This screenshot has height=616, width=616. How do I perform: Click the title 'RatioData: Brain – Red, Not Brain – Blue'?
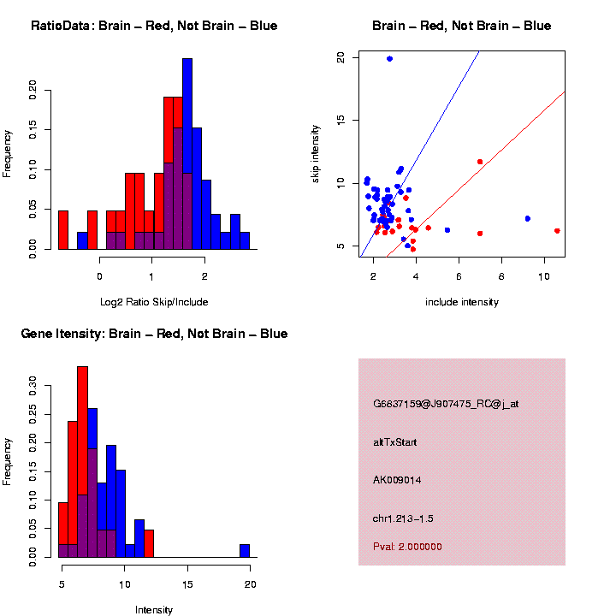154,26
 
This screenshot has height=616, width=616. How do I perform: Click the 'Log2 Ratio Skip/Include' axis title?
154,301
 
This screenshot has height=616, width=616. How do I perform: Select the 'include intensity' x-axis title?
462,302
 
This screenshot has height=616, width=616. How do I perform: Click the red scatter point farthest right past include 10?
557,230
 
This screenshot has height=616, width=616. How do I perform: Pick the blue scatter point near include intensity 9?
528,218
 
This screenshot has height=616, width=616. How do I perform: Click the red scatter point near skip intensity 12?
480,162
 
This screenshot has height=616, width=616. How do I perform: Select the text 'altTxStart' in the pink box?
395,442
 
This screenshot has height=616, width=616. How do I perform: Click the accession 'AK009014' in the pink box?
397,480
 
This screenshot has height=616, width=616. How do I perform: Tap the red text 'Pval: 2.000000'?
407,547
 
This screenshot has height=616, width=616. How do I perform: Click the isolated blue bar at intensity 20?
245,551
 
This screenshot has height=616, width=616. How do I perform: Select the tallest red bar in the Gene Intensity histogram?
83,462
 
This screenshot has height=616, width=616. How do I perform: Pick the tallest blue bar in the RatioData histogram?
187,154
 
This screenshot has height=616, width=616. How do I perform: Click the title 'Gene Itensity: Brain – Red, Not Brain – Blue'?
154,334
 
